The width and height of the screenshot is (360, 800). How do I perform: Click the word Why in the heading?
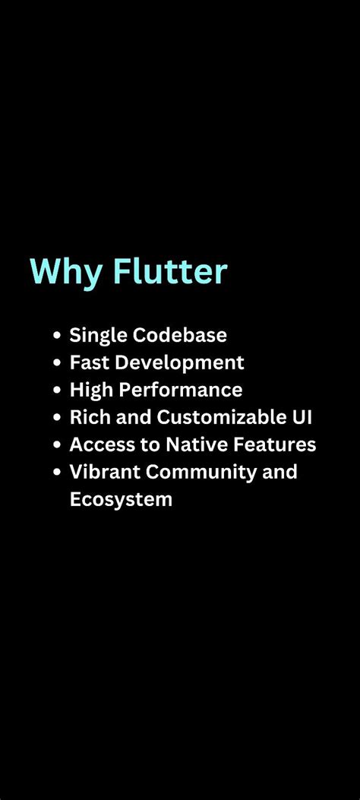(64, 272)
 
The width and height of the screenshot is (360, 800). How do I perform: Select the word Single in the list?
(96, 335)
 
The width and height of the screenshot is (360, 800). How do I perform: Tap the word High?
(90, 391)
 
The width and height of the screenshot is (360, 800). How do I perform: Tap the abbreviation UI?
(303, 417)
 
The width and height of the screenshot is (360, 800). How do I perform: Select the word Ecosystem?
(121, 500)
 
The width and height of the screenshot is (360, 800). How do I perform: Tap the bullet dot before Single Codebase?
(57, 336)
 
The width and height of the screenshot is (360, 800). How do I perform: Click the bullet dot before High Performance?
(57, 391)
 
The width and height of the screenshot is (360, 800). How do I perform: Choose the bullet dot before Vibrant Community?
(57, 473)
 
